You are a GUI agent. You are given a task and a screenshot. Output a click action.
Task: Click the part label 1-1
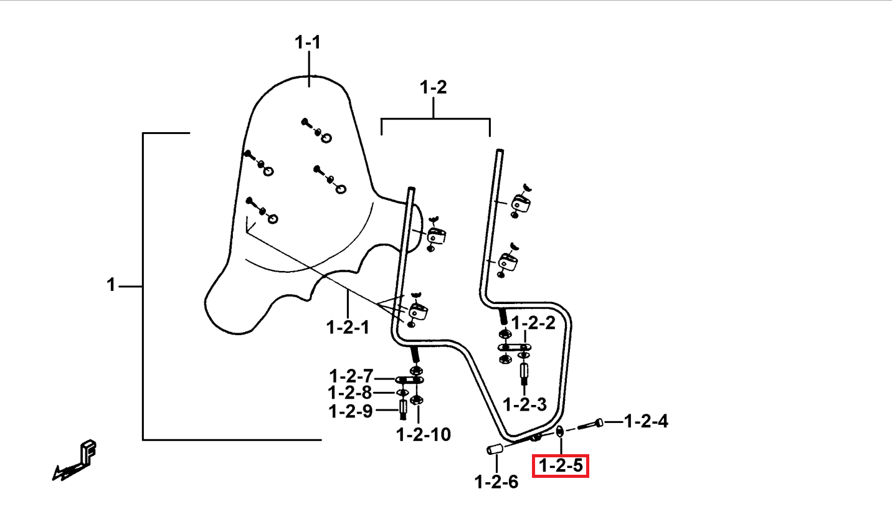[308, 42]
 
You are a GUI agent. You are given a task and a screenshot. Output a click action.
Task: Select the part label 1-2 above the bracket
[434, 87]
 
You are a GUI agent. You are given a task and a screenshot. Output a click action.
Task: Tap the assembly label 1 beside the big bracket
[111, 285]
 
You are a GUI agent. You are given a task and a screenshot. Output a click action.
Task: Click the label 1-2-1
[348, 328]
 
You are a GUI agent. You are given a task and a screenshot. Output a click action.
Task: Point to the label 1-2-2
[533, 323]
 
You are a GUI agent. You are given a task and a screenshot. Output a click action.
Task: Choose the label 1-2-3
[524, 404]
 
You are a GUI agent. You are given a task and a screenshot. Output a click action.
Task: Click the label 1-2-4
[646, 421]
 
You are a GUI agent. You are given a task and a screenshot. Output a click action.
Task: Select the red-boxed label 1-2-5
[561, 465]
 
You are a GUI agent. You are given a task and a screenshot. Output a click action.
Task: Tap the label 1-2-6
[496, 482]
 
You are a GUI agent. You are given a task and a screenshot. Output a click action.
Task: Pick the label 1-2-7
[351, 376]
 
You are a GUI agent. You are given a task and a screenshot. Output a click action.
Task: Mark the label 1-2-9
[351, 411]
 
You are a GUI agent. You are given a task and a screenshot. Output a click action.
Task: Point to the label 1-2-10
[424, 434]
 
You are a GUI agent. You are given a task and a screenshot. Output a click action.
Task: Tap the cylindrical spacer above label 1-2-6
[495, 449]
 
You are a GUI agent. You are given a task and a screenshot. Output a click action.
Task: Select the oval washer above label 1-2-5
[560, 431]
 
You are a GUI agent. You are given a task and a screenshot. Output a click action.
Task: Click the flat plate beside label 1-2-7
[409, 380]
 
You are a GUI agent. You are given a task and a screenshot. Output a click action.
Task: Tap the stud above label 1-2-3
[524, 374]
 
